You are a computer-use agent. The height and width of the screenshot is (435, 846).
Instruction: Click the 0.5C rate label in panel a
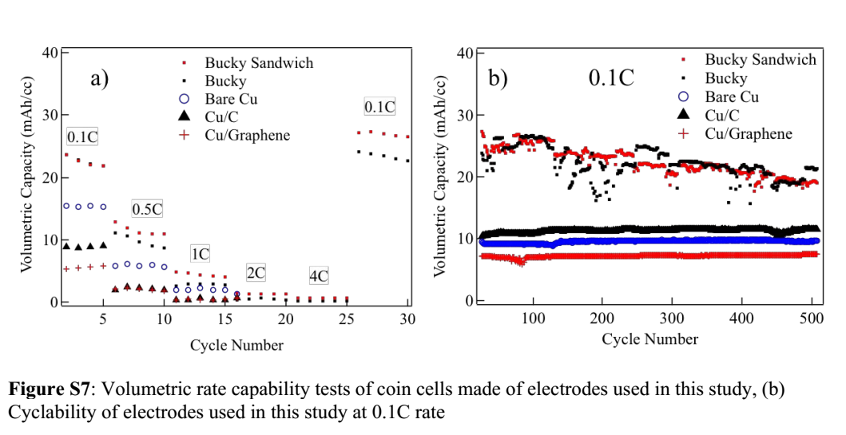point(147,209)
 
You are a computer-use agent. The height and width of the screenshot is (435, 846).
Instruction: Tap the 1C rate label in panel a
point(200,254)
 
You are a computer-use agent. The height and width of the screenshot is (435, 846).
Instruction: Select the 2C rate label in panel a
point(256,273)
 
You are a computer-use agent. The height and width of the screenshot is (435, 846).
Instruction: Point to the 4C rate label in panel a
point(319,277)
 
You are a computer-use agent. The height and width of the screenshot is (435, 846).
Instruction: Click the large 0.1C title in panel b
point(611,78)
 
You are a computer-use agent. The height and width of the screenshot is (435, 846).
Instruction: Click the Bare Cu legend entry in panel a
point(231,99)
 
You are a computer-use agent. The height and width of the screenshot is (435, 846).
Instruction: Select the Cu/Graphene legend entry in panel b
point(748,133)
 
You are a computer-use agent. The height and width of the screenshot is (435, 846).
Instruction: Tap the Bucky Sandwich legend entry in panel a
point(258,62)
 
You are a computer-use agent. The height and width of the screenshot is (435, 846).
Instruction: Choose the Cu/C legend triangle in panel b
point(683,115)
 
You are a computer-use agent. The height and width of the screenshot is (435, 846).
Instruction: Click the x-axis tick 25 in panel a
point(347,318)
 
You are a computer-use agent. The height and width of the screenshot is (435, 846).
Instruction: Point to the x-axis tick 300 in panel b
point(672,318)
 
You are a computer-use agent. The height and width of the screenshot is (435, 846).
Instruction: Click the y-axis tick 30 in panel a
point(49,115)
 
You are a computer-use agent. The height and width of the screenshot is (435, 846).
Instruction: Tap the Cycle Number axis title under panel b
point(649,339)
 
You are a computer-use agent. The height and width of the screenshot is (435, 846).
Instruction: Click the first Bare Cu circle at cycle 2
point(66,206)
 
